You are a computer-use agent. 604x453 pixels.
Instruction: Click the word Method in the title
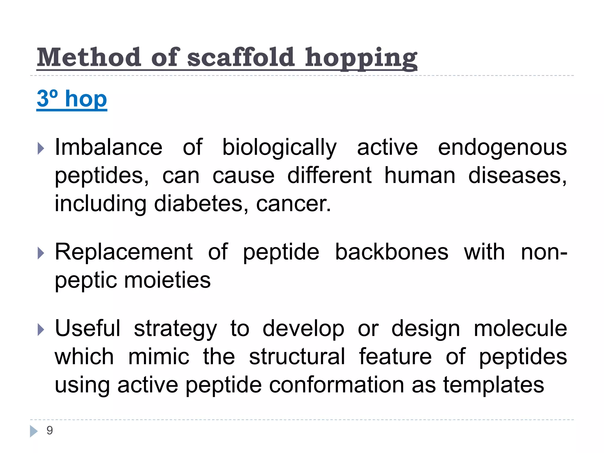point(89,57)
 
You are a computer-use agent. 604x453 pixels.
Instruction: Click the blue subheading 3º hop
point(72,99)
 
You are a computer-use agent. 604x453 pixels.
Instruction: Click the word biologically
point(279,147)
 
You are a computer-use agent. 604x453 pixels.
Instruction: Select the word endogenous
point(502,147)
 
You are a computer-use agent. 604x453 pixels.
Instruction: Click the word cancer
point(293,204)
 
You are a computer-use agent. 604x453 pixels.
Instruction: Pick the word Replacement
point(124,252)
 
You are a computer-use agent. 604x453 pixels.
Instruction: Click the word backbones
point(392,252)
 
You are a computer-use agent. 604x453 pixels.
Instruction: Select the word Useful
point(88,328)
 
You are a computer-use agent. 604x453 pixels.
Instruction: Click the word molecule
point(520,328)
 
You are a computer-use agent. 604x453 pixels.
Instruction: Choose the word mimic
point(159,357)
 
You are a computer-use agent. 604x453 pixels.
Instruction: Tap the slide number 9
point(50,431)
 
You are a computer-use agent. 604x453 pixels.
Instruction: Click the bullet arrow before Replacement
point(41,253)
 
